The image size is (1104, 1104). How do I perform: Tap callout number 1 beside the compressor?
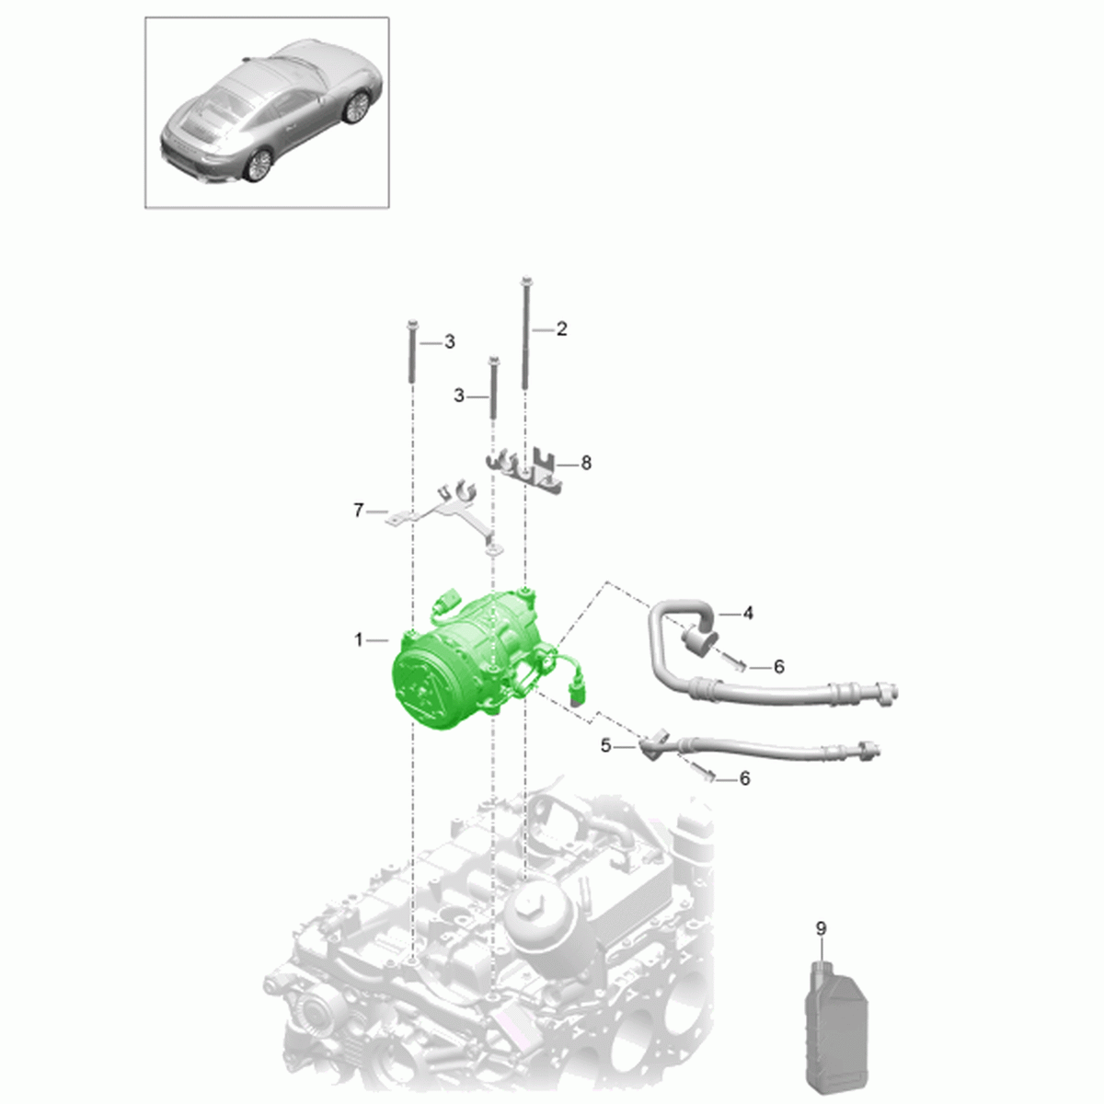click(x=359, y=640)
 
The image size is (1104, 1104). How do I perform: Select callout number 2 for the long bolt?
click(x=561, y=328)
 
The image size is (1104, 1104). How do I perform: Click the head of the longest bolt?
click(x=525, y=281)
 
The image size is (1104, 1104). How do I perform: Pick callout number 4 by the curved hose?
click(x=748, y=614)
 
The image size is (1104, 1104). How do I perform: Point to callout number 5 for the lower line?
click(x=605, y=746)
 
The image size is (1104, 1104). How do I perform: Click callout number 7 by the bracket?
click(x=359, y=510)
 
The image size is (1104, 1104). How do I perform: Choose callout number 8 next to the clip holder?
click(x=585, y=463)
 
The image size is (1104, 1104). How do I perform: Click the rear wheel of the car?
click(x=258, y=166)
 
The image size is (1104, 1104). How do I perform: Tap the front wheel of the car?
click(x=356, y=107)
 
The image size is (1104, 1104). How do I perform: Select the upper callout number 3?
click(x=450, y=342)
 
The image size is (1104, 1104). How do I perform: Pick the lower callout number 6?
click(x=744, y=778)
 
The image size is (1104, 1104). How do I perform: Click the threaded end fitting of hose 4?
click(x=887, y=694)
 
